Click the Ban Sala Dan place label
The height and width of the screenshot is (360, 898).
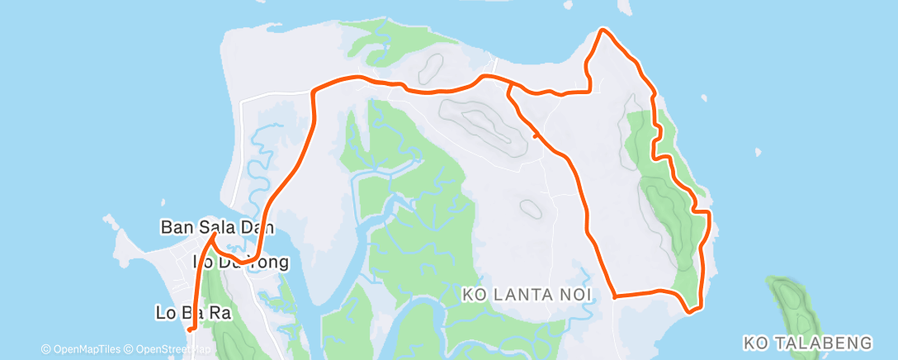(217, 226)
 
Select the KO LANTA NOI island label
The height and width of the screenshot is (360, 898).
(526, 292)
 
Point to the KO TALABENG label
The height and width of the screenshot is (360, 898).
(808, 342)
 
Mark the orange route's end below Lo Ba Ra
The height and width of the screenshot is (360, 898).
(190, 329)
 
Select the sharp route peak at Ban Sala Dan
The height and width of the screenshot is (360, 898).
(214, 235)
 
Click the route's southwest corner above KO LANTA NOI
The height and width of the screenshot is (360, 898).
(615, 295)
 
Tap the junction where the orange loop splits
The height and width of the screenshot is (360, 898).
(509, 83)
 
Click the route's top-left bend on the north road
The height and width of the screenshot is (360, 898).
(314, 89)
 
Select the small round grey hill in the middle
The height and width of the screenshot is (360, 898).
(527, 210)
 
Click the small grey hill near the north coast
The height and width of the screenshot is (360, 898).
(431, 64)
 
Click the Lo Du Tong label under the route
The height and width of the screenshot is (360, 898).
(241, 263)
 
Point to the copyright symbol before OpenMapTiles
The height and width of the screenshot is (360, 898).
(46, 348)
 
